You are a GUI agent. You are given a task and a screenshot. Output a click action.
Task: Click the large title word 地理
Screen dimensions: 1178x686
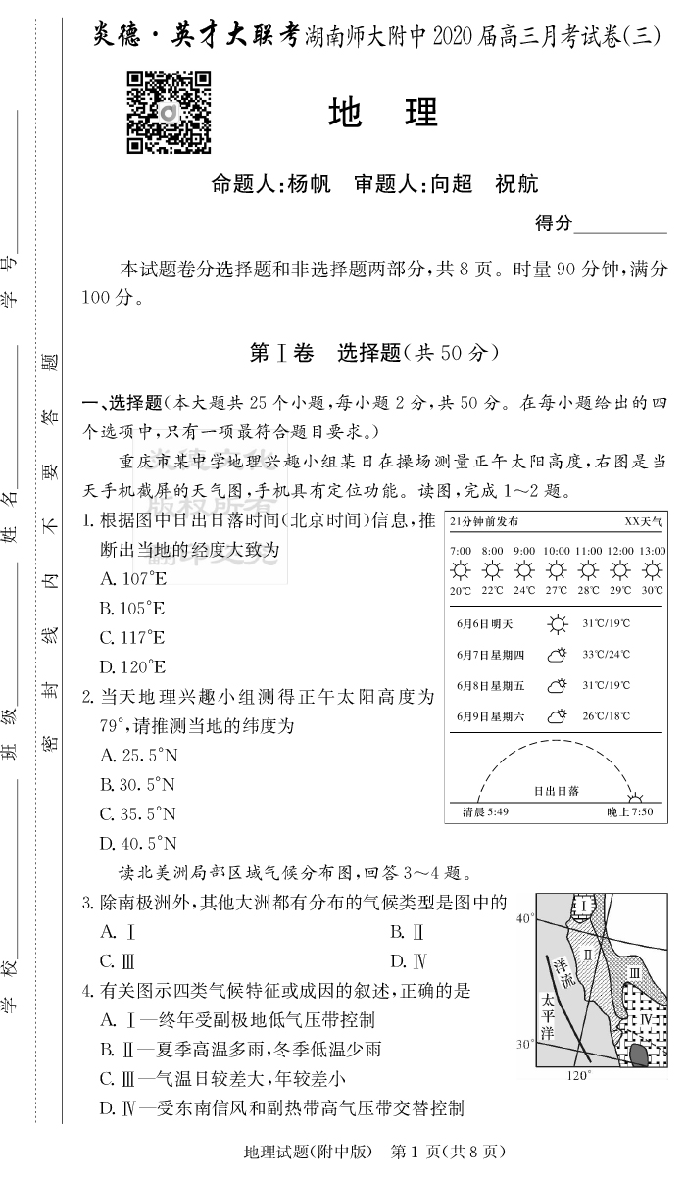pos(383,114)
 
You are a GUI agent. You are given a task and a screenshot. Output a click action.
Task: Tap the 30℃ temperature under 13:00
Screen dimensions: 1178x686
pos(652,590)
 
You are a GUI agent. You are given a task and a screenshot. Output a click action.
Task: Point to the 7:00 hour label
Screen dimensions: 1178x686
pos(461,551)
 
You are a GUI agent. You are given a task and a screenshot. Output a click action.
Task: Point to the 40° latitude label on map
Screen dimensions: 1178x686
pos(524,918)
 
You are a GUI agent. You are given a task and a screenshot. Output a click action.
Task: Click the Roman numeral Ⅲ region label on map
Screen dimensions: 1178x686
pos(634,972)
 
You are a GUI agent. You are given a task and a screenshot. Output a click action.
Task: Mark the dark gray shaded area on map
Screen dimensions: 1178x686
pos(638,1055)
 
